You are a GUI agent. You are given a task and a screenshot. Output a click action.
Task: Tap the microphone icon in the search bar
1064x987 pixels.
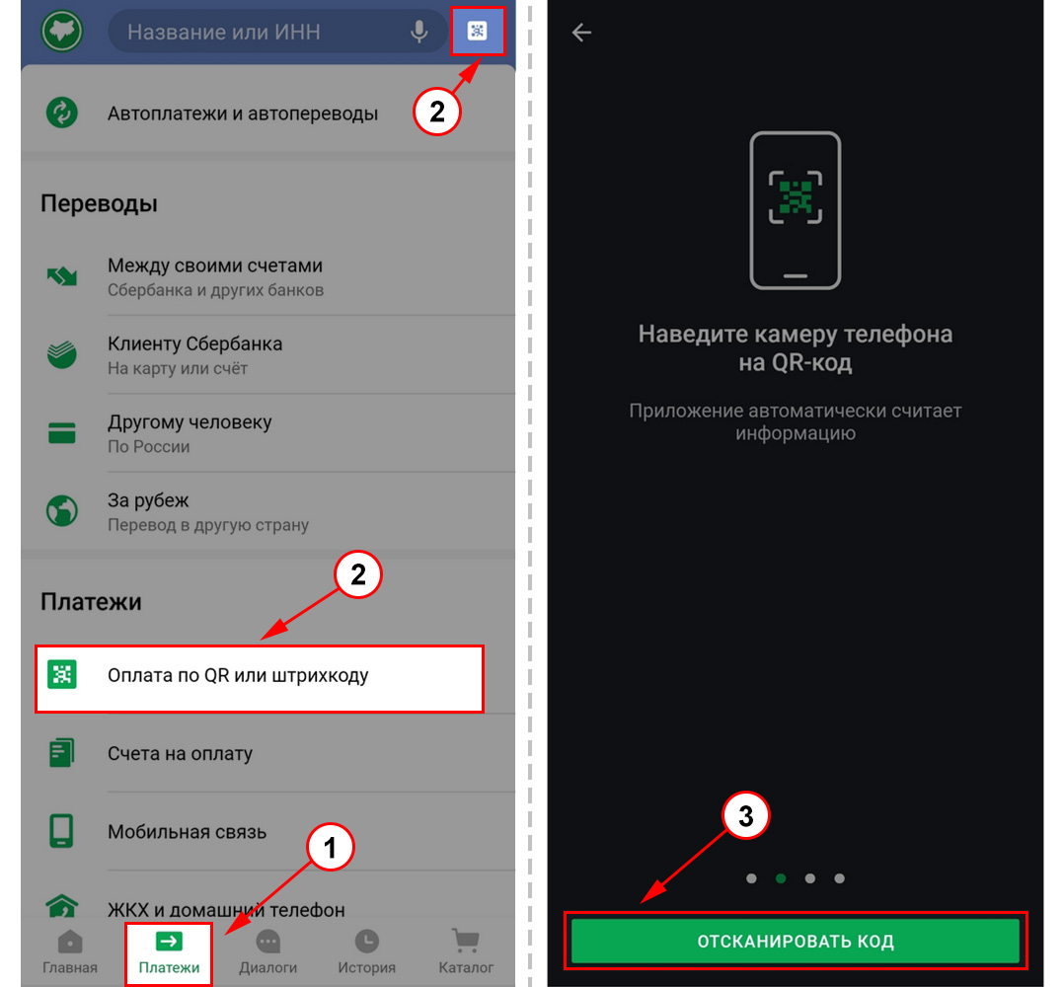[x=419, y=32]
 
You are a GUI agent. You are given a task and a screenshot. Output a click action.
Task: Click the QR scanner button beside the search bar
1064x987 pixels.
[x=477, y=31]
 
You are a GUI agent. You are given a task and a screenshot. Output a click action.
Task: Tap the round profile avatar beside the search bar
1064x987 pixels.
[x=62, y=32]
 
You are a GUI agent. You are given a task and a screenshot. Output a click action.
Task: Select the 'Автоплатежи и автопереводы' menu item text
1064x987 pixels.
[x=242, y=114]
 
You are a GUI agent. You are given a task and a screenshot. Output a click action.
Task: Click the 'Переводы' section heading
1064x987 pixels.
[x=99, y=203]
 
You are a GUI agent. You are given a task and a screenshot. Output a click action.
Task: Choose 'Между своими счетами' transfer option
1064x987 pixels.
[x=215, y=266]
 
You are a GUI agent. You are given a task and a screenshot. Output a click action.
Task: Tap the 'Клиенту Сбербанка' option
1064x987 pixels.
[x=194, y=343]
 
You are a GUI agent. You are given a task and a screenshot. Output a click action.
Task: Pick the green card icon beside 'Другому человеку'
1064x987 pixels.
[x=62, y=432]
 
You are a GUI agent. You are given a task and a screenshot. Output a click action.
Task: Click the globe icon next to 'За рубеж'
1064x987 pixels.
[x=62, y=511]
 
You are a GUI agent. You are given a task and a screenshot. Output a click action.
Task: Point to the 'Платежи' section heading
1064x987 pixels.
[x=91, y=602]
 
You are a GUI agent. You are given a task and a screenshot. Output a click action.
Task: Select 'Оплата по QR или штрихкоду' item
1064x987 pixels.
[x=238, y=676]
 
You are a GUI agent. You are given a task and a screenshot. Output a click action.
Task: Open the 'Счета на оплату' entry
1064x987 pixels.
[x=180, y=754]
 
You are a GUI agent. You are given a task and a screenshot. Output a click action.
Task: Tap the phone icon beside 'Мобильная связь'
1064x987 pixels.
[x=61, y=831]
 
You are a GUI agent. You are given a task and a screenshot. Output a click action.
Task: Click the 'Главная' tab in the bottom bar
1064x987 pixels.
[x=70, y=952]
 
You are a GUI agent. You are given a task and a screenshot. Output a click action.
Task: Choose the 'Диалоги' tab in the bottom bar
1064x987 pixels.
[x=268, y=952]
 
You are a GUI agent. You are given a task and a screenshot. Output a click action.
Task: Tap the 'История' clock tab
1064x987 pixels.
[x=366, y=952]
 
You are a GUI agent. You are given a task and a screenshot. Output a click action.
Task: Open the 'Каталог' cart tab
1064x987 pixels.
[x=466, y=952]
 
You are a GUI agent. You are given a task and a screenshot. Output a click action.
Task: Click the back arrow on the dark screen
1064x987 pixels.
[x=581, y=32]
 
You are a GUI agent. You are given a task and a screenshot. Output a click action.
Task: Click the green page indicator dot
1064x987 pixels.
[x=781, y=878]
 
